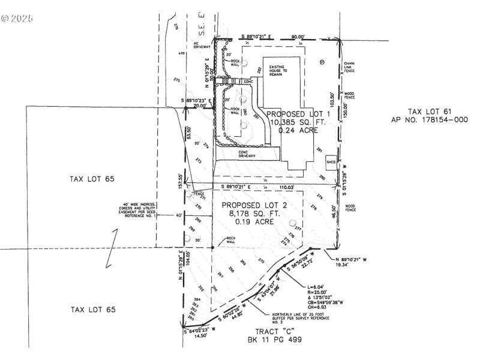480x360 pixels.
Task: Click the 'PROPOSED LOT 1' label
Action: click(x=298, y=114)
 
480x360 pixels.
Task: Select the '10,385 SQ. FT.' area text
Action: click(x=298, y=122)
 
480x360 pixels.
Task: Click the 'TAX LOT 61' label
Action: click(x=429, y=112)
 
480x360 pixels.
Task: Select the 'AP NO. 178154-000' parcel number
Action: click(x=429, y=119)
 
